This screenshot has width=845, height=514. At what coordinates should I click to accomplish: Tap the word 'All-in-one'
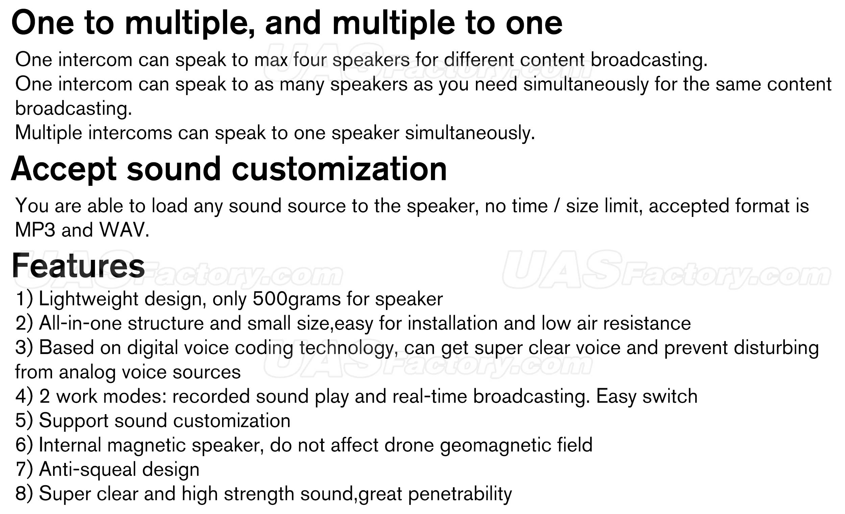coord(80,323)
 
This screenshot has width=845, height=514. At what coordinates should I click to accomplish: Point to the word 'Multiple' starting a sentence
coord(49,133)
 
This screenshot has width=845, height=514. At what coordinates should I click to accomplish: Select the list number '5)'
coord(24,421)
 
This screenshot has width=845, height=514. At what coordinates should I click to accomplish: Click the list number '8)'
coord(24,494)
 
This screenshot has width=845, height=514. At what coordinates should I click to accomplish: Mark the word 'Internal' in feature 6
coord(70,445)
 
